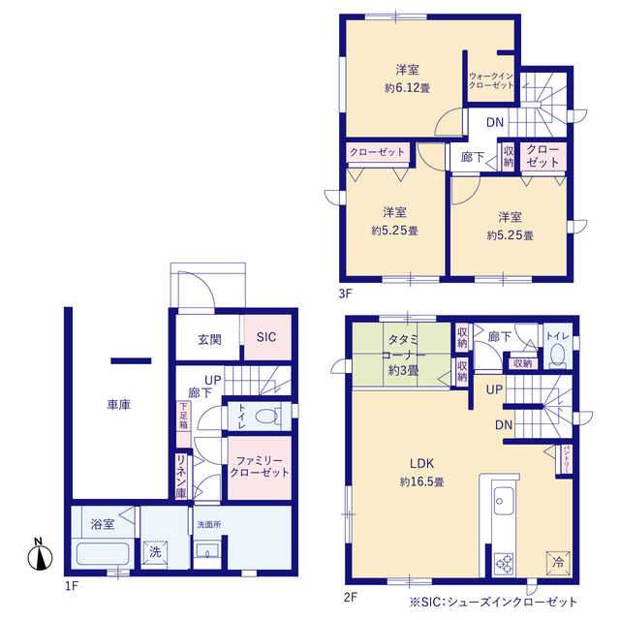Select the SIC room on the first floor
pyautogui.click(x=266, y=338)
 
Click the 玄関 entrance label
pyautogui.click(x=210, y=339)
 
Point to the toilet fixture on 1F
pyautogui.click(x=262, y=417)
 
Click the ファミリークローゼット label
pyautogui.click(x=258, y=465)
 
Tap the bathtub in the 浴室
pyautogui.click(x=103, y=555)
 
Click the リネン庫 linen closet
pyautogui.click(x=181, y=475)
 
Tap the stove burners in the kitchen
pyautogui.click(x=505, y=561)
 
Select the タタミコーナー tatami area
pyautogui.click(x=404, y=355)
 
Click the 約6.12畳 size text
pyautogui.click(x=407, y=87)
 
